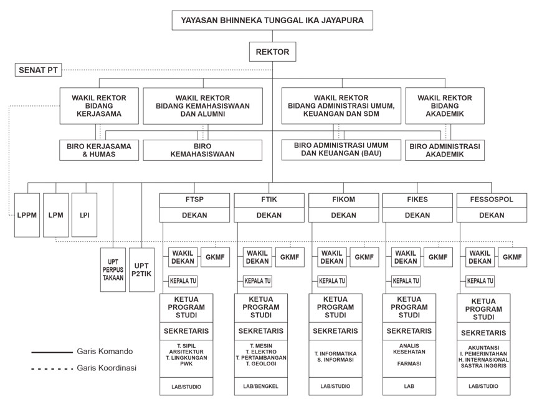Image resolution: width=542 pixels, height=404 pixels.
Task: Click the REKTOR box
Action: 272,52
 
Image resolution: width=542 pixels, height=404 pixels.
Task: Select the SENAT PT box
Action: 38,70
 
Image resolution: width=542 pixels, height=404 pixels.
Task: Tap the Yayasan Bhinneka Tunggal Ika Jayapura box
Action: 272,21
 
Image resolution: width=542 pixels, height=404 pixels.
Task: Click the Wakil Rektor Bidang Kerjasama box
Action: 99,106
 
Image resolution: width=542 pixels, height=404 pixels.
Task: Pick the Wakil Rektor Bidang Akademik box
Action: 445,106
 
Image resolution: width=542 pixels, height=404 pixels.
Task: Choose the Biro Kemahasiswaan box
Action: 202,150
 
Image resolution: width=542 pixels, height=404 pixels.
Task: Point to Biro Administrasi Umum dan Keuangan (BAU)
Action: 341,150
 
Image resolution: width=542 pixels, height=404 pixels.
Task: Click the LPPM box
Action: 27,215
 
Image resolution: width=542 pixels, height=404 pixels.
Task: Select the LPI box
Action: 84,215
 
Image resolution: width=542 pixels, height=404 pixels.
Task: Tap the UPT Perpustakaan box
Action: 113,270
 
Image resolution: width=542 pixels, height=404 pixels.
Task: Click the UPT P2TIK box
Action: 141,270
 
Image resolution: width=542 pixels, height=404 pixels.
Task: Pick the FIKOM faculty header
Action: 344,200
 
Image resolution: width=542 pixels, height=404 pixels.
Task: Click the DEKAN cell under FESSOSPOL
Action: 492,215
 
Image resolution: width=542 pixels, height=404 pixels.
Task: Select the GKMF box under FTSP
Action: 216,257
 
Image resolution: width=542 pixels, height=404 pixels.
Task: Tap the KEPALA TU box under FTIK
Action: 257,281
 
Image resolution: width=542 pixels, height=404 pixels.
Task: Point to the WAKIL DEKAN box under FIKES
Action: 406,257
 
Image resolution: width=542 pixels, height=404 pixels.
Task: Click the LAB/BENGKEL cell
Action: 261,387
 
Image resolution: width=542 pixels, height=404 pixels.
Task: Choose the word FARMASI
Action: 409,363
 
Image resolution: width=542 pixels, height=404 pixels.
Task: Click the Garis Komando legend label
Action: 105,352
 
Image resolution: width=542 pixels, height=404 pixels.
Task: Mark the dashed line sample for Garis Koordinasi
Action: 52,368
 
